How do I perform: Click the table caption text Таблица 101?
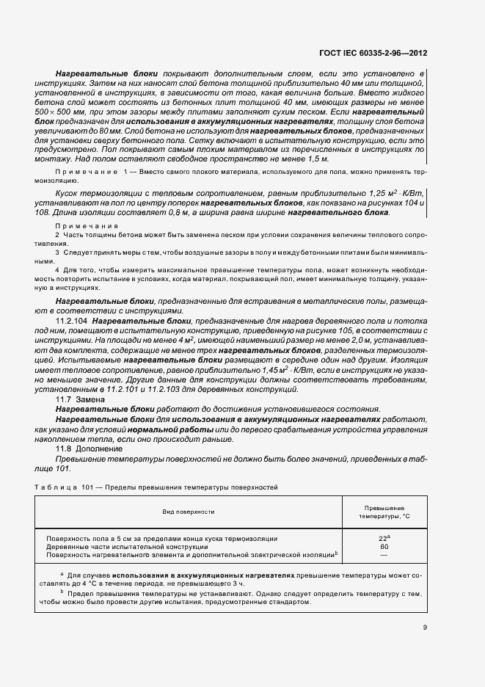pos(59,487)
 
